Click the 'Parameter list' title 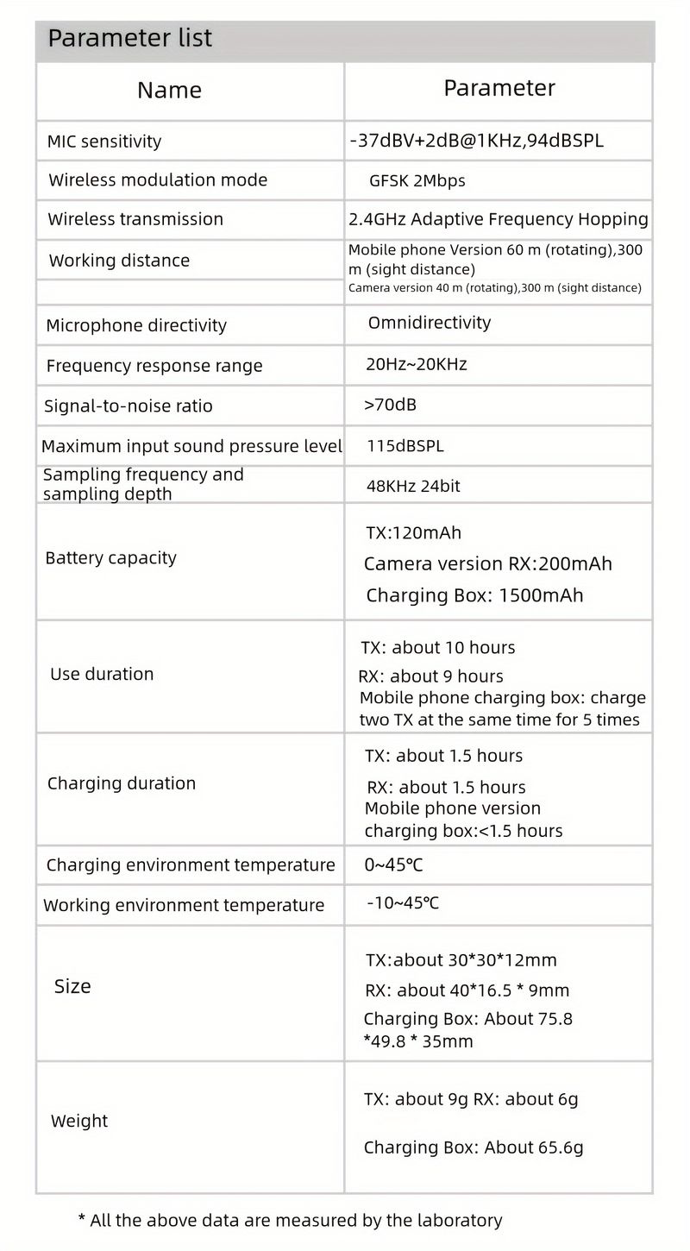pyautogui.click(x=129, y=38)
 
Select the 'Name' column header pyautogui.click(x=169, y=90)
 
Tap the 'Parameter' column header pyautogui.click(x=499, y=88)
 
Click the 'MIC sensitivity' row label pyautogui.click(x=103, y=141)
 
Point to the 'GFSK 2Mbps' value pyautogui.click(x=417, y=181)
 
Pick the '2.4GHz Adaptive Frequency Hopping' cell pyautogui.click(x=498, y=219)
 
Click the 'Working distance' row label pyautogui.click(x=119, y=261)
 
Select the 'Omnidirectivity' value pyautogui.click(x=429, y=323)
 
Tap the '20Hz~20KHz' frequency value pyautogui.click(x=416, y=364)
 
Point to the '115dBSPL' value pyautogui.click(x=405, y=446)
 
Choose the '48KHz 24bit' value pyautogui.click(x=413, y=486)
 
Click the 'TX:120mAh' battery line pyautogui.click(x=413, y=533)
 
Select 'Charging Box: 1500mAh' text pyautogui.click(x=474, y=595)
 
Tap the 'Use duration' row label pyautogui.click(x=102, y=674)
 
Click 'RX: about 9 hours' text pyautogui.click(x=431, y=676)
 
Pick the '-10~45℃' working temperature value pyautogui.click(x=403, y=903)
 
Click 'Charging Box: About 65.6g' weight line pyautogui.click(x=474, y=1147)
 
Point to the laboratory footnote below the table pyautogui.click(x=290, y=1220)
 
